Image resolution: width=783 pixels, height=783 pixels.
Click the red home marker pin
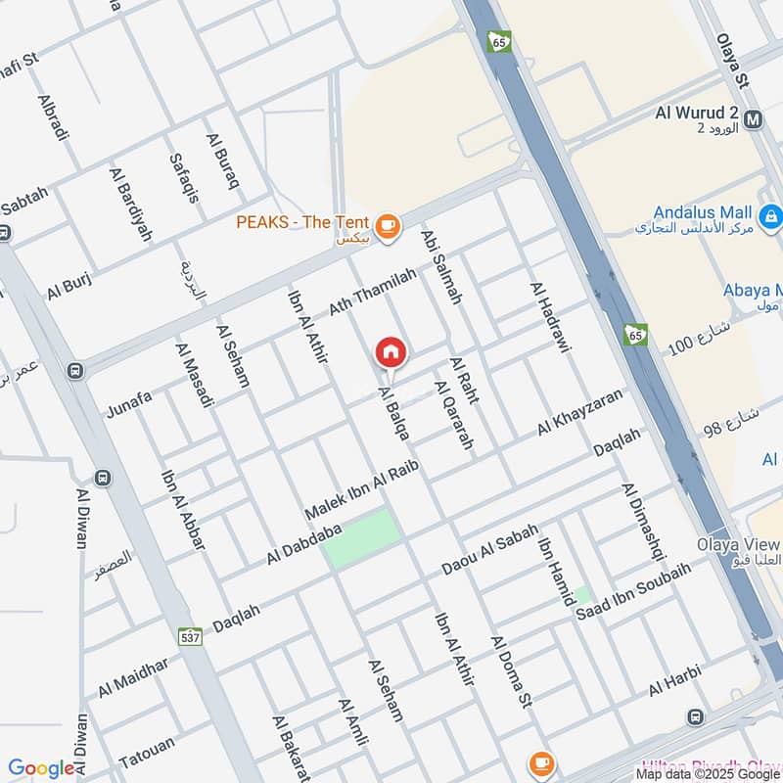pyautogui.click(x=391, y=352)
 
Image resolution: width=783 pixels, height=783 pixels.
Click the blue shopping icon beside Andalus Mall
pyautogui.click(x=770, y=213)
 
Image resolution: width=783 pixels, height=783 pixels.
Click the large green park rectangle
pyautogui.click(x=362, y=538)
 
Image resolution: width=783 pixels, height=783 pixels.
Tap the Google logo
pyautogui.click(x=41, y=769)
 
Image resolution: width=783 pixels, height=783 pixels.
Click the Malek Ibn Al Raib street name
pyautogui.click(x=361, y=489)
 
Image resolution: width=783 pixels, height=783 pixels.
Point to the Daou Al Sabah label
pyautogui.click(x=489, y=551)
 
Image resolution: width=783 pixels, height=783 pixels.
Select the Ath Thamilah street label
pyautogui.click(x=372, y=293)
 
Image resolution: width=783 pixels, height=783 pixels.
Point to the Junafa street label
pyautogui.click(x=129, y=402)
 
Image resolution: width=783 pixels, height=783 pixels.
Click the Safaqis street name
pyautogui.click(x=183, y=177)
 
